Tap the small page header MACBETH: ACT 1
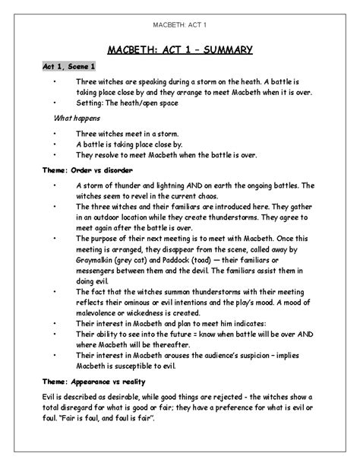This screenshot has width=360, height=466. pos(180,16)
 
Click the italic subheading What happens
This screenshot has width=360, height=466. pos(77,119)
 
